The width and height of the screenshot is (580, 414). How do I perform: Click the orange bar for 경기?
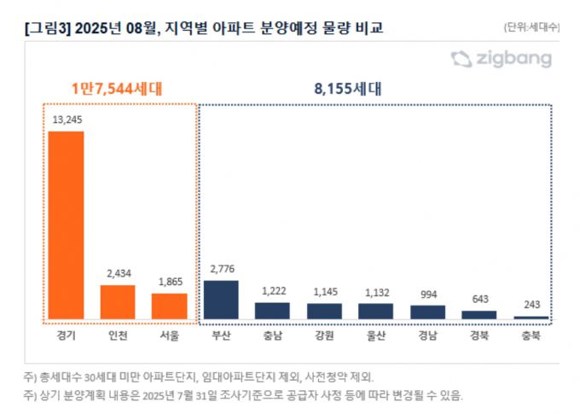[66, 225]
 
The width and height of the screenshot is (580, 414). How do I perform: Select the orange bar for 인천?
[118, 302]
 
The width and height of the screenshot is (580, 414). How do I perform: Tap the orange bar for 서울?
[169, 306]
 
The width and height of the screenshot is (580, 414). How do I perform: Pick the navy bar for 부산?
[221, 300]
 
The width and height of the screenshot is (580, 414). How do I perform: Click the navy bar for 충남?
[272, 311]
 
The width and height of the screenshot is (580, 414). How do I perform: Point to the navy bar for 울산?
[375, 312]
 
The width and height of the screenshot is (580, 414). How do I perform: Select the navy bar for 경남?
[427, 312]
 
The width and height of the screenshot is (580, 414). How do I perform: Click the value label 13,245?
[66, 120]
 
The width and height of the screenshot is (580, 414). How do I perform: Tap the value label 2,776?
[221, 270]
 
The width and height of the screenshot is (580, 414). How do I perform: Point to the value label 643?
[479, 300]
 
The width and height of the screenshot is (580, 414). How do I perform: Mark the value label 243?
[531, 306]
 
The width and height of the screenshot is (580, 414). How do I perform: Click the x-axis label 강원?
[324, 335]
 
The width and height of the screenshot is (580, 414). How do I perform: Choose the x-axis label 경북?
[479, 335]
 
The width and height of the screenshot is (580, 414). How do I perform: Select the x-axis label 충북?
[531, 335]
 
